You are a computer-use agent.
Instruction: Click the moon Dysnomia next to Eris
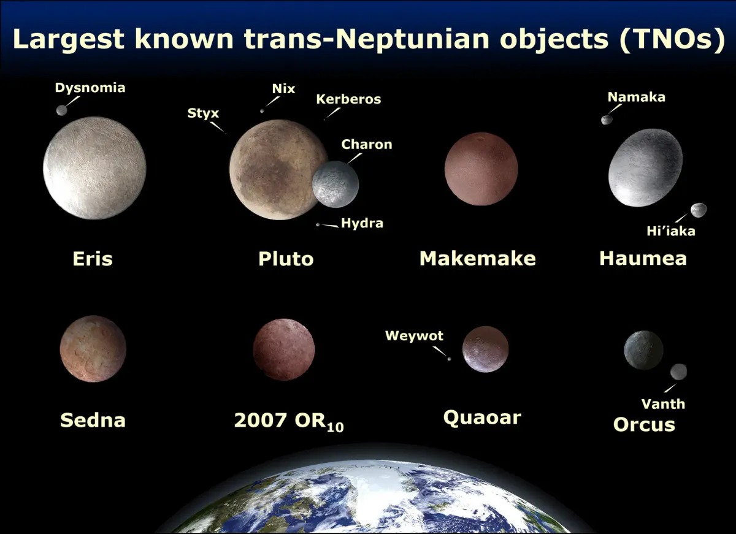[x=61, y=110]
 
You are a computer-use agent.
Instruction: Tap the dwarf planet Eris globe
[x=94, y=167]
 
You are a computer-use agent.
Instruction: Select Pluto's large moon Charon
[x=335, y=184]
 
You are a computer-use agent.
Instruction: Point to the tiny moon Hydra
[x=318, y=225]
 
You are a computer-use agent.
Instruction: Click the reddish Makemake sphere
[x=481, y=169]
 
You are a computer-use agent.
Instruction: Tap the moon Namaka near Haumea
[x=607, y=120]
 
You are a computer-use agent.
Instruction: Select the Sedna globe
[x=93, y=349]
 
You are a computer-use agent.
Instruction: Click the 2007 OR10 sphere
[x=284, y=349]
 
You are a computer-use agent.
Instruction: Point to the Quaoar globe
[x=485, y=349]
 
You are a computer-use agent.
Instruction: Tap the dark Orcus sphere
[x=643, y=350]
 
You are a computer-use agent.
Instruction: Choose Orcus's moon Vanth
[x=678, y=372]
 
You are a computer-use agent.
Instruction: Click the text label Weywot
[x=414, y=335]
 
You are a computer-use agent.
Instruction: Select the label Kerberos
[x=348, y=99]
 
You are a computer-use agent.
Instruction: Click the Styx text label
[x=203, y=113]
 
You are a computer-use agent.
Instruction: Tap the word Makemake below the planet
[x=477, y=258]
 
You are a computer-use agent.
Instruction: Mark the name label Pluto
[x=286, y=258]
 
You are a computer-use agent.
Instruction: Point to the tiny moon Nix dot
[x=263, y=111]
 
